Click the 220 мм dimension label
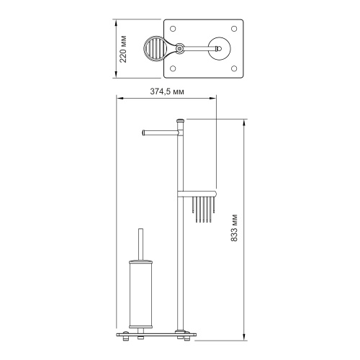123,49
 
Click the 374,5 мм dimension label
167,91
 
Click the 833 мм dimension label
234,228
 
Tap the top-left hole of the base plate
173,29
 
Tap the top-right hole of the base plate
234,29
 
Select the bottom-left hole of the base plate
173,68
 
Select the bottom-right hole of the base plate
234,68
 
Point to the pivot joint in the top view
179,48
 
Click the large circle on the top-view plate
219,48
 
